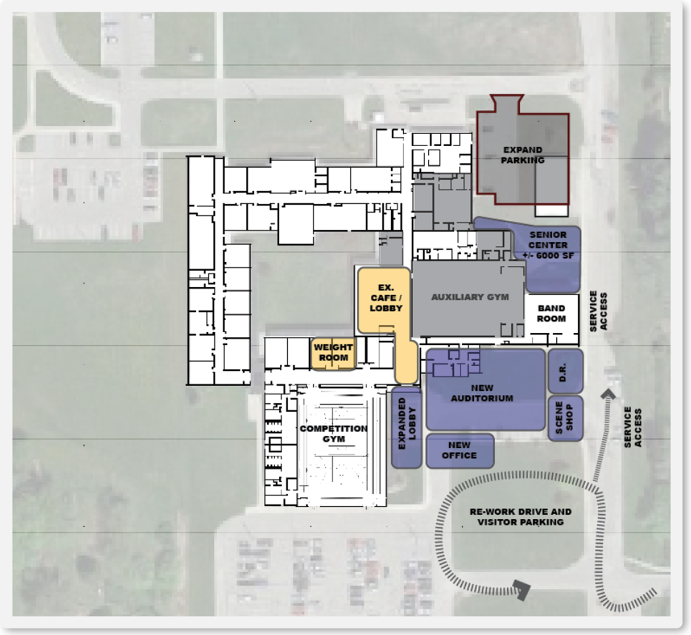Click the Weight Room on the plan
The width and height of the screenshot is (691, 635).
333,353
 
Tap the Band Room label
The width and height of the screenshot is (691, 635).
551,314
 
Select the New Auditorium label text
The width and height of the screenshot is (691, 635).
482,393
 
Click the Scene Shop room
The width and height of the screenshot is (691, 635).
565,417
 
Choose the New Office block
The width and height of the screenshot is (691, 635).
460,450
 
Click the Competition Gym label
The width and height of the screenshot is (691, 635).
333,434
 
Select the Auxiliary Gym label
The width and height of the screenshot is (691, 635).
470,297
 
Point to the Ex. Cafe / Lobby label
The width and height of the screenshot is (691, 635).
386,298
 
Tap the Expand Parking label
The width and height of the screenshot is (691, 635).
522,155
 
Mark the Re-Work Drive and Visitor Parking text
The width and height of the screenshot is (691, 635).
521,516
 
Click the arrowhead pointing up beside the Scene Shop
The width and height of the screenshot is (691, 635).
608,394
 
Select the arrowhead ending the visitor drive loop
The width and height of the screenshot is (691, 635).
522,590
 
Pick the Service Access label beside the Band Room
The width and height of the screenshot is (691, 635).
598,311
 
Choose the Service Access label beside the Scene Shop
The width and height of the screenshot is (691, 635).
633,427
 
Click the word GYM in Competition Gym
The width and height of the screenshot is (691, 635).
334,439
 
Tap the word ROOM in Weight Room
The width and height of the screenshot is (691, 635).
333,358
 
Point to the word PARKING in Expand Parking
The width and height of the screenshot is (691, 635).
522,160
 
